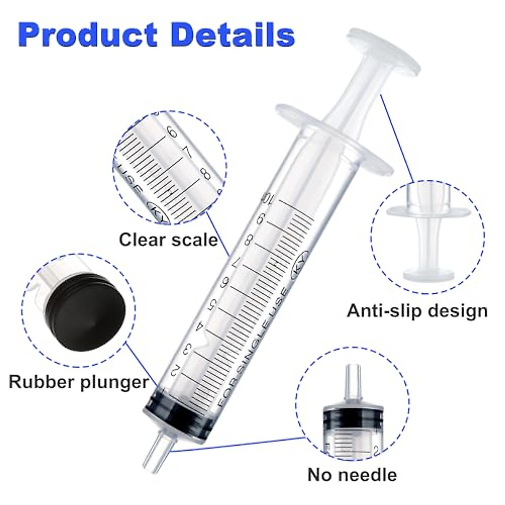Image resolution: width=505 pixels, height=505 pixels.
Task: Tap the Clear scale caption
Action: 168,239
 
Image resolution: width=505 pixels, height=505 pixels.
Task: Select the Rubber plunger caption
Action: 79,382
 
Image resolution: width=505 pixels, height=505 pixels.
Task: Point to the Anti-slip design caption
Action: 417,311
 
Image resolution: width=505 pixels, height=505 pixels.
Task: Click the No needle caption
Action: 352,474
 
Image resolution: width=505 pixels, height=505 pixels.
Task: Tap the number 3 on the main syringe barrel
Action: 189,348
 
